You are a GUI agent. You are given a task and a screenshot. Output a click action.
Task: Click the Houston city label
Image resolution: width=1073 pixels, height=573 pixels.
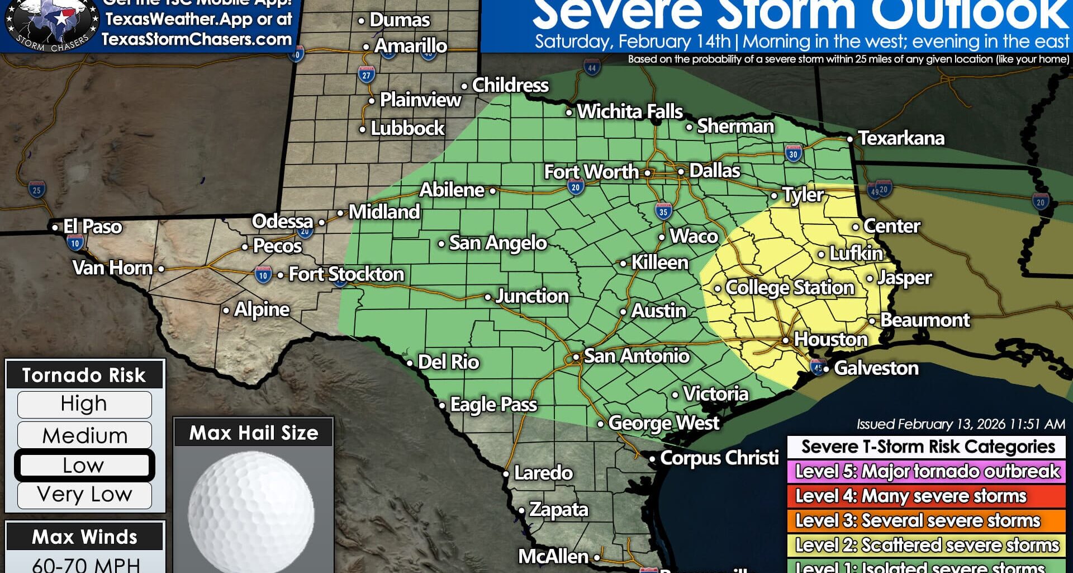click(x=830, y=340)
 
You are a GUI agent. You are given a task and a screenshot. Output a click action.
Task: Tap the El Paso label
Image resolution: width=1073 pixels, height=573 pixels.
click(x=92, y=227)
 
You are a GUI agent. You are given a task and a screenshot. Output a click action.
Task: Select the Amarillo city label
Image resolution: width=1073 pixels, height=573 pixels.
click(x=410, y=46)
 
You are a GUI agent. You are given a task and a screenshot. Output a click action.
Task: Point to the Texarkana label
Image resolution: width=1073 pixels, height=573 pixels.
click(x=901, y=138)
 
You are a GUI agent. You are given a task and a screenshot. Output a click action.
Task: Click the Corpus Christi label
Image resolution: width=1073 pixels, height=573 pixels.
click(x=719, y=458)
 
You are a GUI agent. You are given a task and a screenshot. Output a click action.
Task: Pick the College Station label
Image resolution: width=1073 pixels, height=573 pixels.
click(x=789, y=288)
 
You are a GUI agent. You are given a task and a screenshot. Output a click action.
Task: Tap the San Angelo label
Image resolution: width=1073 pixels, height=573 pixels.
click(x=497, y=243)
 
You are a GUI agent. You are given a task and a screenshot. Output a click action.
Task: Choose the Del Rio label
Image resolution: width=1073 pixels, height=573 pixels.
click(x=448, y=362)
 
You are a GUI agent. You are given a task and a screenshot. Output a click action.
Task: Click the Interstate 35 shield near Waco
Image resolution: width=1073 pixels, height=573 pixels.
click(x=663, y=212)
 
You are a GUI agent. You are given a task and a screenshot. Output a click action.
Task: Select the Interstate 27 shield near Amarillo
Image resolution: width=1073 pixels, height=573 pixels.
click(x=366, y=74)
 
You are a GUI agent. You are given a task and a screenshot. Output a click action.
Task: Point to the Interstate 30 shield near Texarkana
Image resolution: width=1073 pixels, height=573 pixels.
click(x=794, y=154)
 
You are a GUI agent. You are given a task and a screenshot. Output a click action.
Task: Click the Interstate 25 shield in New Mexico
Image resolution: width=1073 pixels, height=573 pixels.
click(x=37, y=190)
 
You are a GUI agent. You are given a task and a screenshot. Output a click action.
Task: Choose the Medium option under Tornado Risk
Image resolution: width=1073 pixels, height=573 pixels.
click(x=84, y=435)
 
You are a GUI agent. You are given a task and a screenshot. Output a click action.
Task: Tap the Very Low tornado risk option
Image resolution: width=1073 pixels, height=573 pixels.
click(x=84, y=495)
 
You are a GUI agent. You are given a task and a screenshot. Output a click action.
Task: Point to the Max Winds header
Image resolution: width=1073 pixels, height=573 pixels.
click(x=84, y=537)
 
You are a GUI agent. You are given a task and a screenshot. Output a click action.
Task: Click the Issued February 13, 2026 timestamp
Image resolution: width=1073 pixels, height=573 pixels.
click(x=960, y=424)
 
